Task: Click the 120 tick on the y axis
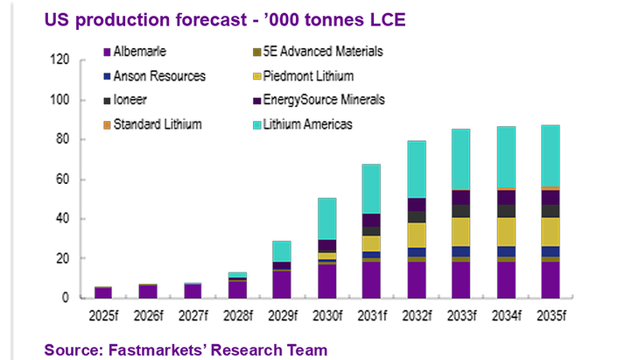point(60,60)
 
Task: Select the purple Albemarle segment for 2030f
point(302,281)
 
